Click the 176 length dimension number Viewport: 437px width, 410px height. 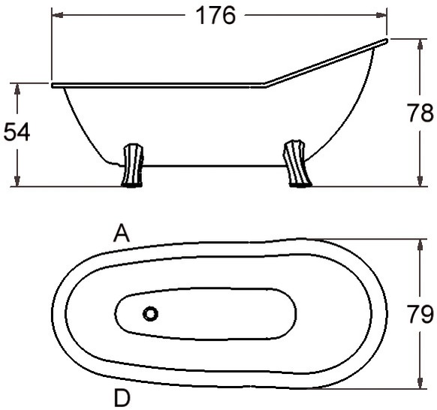point(216,16)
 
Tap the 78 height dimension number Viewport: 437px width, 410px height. point(420,113)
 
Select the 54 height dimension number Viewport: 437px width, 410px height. point(17,131)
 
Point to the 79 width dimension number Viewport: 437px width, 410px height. point(420,314)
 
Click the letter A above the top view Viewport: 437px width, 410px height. point(122,234)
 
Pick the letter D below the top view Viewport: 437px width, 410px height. point(122,398)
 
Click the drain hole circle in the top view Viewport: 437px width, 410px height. point(150,314)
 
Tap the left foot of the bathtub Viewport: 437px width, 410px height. point(133,165)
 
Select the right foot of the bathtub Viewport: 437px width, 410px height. point(297,164)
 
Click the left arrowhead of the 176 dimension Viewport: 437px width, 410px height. point(57,15)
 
